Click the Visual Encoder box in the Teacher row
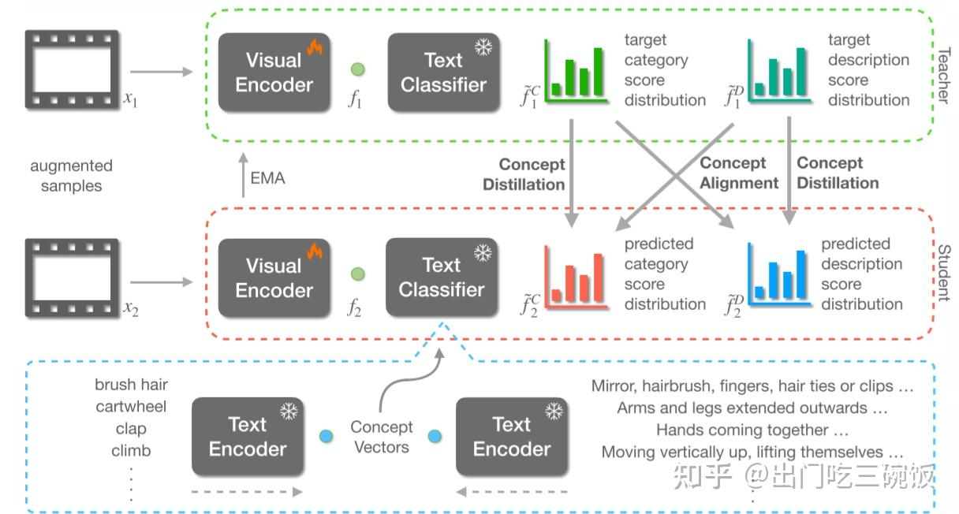coord(274,72)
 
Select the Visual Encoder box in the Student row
coord(274,277)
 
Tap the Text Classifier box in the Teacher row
coord(443,72)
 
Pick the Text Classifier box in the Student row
coord(442,277)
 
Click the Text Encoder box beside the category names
coord(248,436)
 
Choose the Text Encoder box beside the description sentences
coord(512,436)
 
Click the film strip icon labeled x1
coord(72,69)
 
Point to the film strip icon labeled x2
coord(72,277)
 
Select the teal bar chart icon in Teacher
coord(779,72)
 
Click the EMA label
coord(267,178)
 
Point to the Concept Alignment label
coord(739,173)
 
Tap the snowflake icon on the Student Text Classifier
coord(482,253)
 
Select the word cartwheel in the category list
coord(131,407)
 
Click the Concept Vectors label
coord(382,437)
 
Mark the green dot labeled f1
coord(357,69)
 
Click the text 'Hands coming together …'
coord(752,430)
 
